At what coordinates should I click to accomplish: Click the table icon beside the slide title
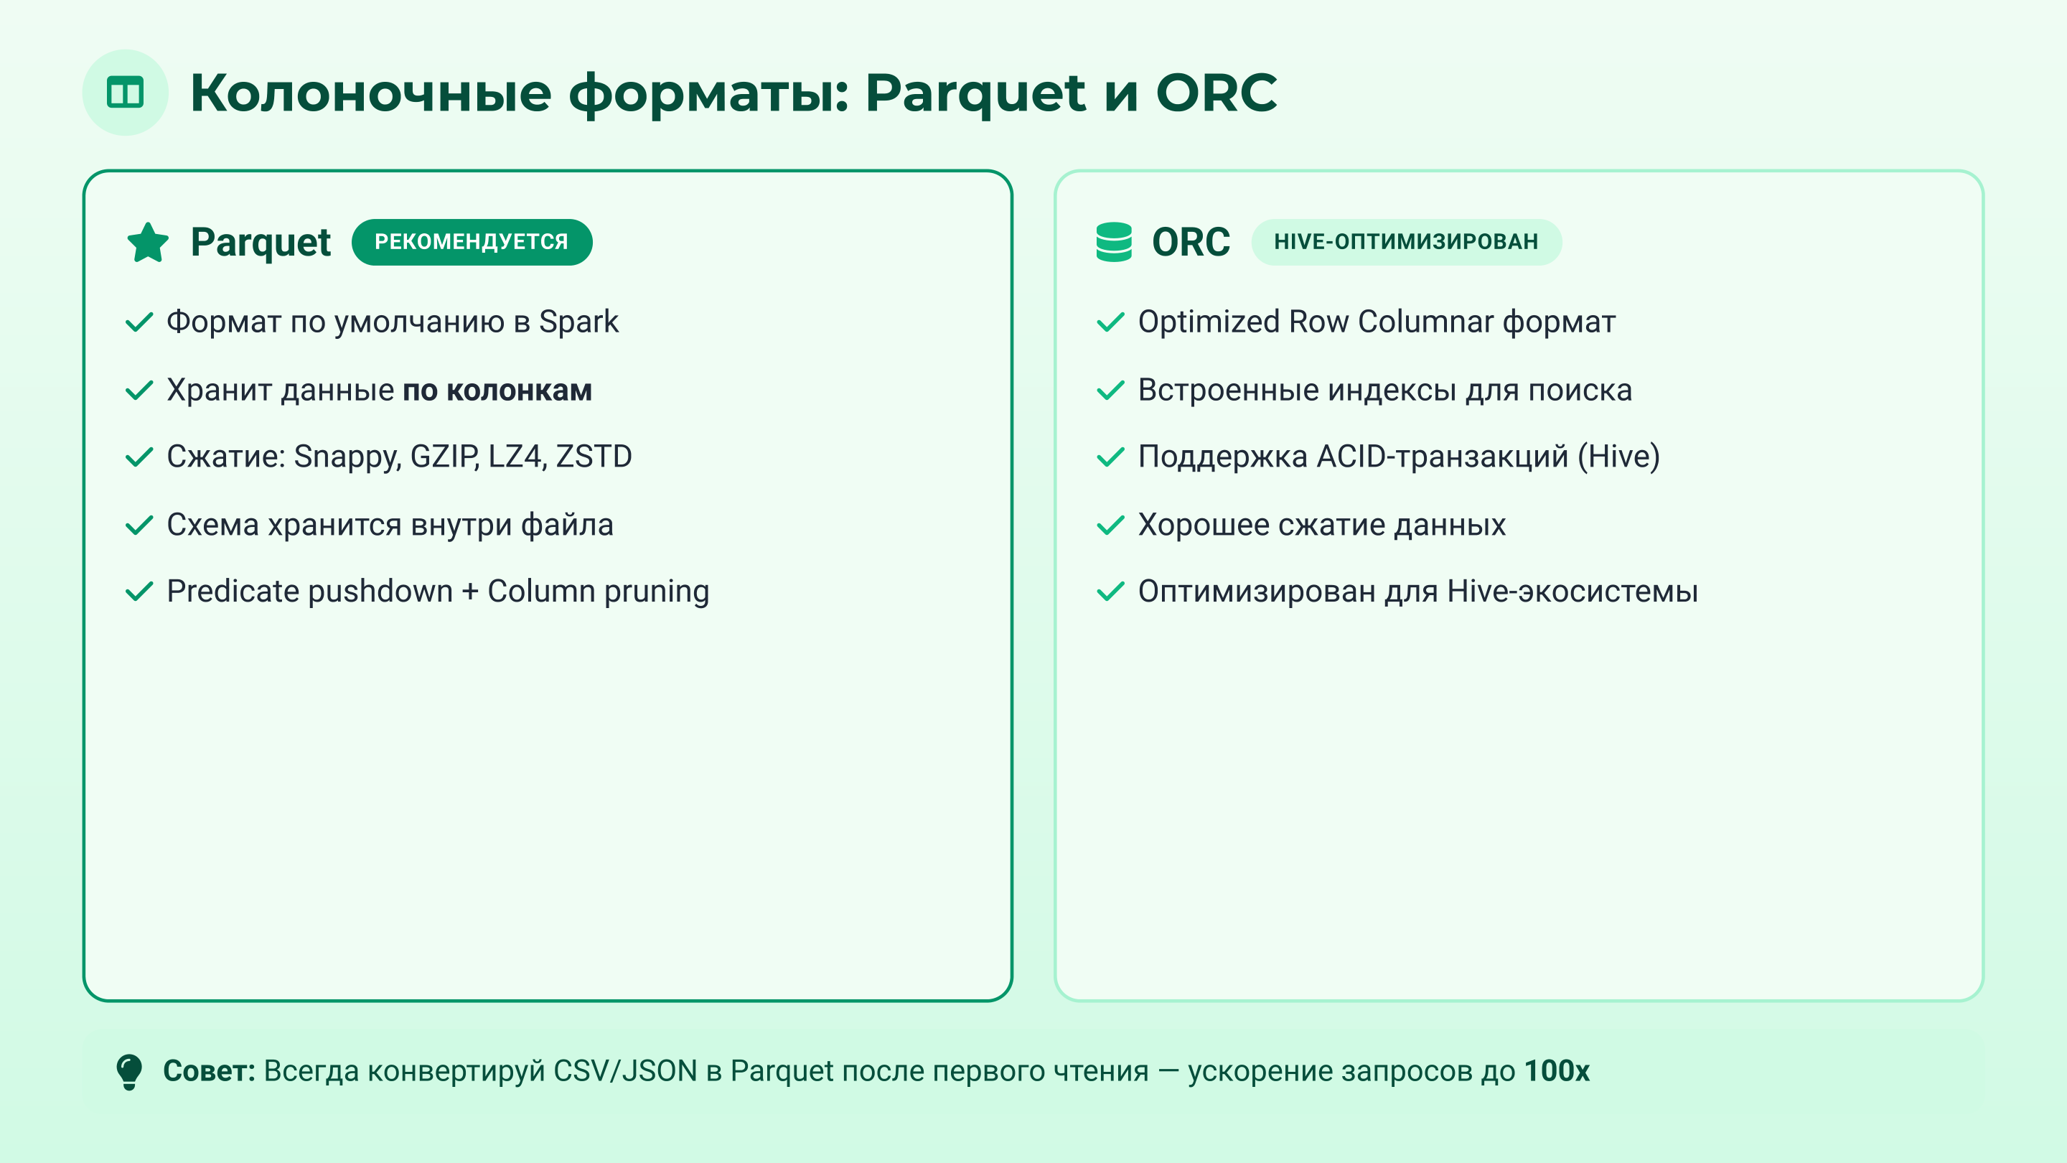point(125,93)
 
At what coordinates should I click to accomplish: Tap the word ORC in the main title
point(1216,93)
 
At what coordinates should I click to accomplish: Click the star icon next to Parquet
point(148,243)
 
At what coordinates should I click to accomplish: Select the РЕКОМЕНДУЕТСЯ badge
point(472,242)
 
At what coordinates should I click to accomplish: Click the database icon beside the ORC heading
point(1114,242)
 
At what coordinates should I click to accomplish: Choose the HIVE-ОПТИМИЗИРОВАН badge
point(1406,242)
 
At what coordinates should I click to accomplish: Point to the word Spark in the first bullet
point(578,322)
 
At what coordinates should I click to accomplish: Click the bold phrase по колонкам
point(497,390)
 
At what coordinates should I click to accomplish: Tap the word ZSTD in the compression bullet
point(594,457)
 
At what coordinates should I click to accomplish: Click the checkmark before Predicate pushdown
point(140,592)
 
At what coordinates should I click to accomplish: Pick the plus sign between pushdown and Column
point(470,592)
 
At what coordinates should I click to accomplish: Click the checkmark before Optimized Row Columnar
point(1110,322)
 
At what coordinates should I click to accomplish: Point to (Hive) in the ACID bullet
point(1618,457)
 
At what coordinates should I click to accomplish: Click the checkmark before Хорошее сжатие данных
point(1110,525)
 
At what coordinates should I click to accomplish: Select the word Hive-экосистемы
point(1572,592)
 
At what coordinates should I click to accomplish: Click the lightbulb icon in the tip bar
point(129,1072)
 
